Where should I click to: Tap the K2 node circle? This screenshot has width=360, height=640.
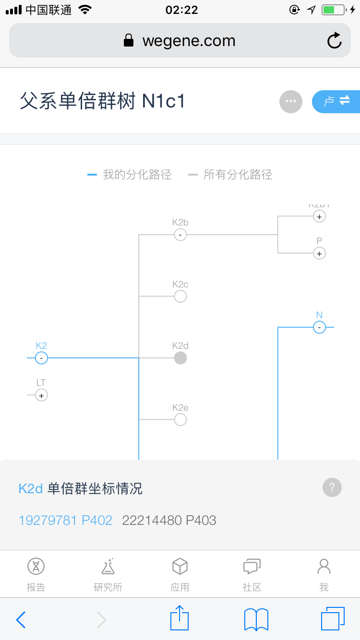coord(41,358)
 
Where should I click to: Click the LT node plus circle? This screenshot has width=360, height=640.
coord(41,395)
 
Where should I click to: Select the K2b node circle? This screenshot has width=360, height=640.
coord(180,235)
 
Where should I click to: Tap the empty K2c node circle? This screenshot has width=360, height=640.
coord(180,296)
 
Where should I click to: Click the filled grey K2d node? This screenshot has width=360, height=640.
coord(180,358)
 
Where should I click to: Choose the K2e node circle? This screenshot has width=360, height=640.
coord(180,420)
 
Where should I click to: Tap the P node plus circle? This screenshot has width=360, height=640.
coord(319,253)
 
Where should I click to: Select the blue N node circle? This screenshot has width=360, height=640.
coord(319,328)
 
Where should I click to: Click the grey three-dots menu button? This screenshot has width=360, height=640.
coord(291,101)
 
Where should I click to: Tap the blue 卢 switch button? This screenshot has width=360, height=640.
coord(336,101)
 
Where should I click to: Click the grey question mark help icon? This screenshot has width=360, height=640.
coord(332,487)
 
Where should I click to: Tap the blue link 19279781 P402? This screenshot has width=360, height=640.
coord(65,520)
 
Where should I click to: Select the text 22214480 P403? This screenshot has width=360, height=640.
coord(169,520)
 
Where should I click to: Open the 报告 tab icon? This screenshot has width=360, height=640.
coord(36,567)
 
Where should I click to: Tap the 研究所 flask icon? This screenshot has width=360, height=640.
coord(108,567)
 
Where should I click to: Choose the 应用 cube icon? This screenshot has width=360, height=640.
coord(180,567)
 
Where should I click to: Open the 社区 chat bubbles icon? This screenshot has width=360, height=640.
coord(252,567)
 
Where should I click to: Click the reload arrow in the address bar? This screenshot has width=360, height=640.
coord(335,41)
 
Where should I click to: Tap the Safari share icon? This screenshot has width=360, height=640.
coord(180,619)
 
